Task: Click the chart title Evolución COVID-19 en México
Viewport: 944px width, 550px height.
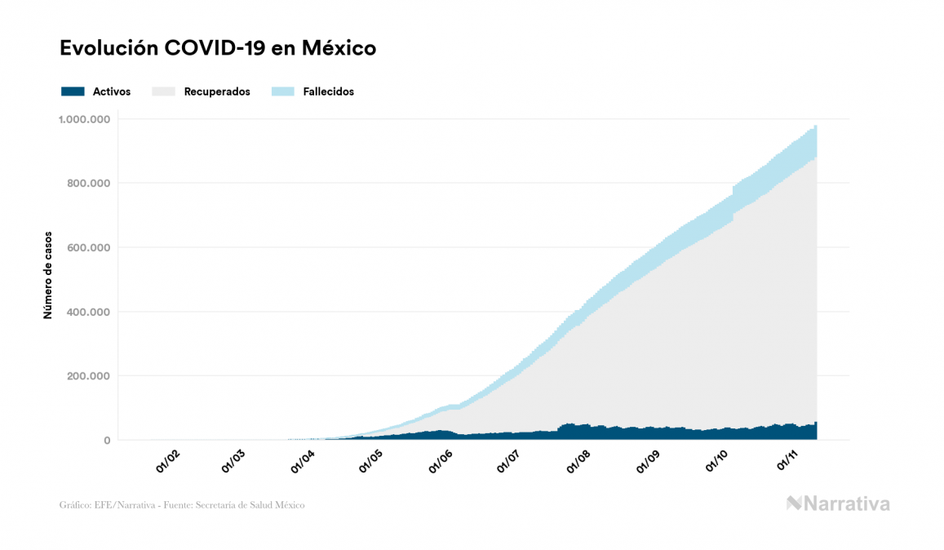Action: pyautogui.click(x=218, y=48)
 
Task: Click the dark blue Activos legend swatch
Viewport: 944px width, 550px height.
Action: pyautogui.click(x=73, y=91)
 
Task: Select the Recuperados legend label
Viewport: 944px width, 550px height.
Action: pyautogui.click(x=217, y=91)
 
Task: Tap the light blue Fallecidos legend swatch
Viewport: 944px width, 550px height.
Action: pyautogui.click(x=283, y=91)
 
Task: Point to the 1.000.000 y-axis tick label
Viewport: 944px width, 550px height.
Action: pyautogui.click(x=84, y=119)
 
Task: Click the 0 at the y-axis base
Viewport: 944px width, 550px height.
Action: pyautogui.click(x=107, y=441)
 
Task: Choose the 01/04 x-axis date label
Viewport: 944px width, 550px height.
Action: pyautogui.click(x=304, y=462)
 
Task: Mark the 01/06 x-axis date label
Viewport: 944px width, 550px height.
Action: pyautogui.click(x=441, y=462)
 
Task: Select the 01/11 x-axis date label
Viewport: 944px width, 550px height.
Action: pyautogui.click(x=788, y=462)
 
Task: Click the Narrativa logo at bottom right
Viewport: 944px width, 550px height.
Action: pyautogui.click(x=838, y=503)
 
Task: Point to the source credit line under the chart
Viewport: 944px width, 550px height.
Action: pyautogui.click(x=182, y=505)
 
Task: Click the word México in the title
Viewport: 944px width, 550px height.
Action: pyautogui.click(x=339, y=48)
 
